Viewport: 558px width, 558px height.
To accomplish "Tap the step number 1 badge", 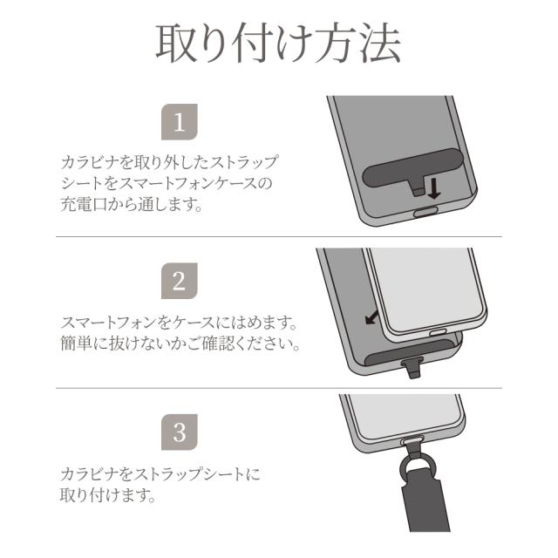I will click(x=180, y=123).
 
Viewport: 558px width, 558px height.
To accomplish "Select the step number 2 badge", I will click(x=180, y=281).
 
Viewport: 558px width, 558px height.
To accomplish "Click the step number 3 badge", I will click(x=180, y=432).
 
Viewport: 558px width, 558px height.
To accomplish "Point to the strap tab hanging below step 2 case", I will click(x=414, y=370).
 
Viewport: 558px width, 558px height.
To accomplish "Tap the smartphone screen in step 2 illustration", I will click(x=423, y=288).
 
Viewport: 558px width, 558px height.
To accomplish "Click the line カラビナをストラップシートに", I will click(x=160, y=475).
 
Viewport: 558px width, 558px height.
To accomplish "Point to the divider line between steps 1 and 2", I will click(x=278, y=237).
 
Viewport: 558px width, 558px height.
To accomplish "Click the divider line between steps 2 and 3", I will click(x=278, y=388).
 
